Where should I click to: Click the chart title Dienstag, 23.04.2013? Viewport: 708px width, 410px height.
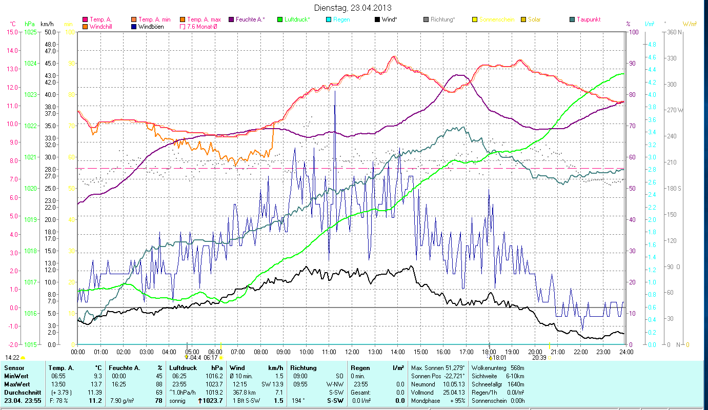click(353, 8)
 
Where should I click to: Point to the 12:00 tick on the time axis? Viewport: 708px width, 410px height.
click(352, 352)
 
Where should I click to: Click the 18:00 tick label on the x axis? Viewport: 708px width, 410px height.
click(489, 352)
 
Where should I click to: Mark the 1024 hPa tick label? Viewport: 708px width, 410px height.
click(30, 64)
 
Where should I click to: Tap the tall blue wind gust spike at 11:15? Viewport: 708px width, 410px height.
click(335, 92)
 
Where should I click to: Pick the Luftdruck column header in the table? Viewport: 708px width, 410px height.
click(183, 368)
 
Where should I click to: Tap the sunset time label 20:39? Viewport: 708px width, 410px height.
click(539, 358)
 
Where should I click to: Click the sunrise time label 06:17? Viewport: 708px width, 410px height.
click(211, 358)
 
